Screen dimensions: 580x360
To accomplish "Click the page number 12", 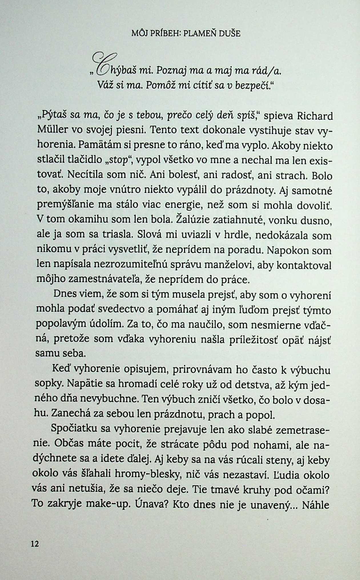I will click(35, 544).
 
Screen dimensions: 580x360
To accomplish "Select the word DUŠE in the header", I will click(230, 34).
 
